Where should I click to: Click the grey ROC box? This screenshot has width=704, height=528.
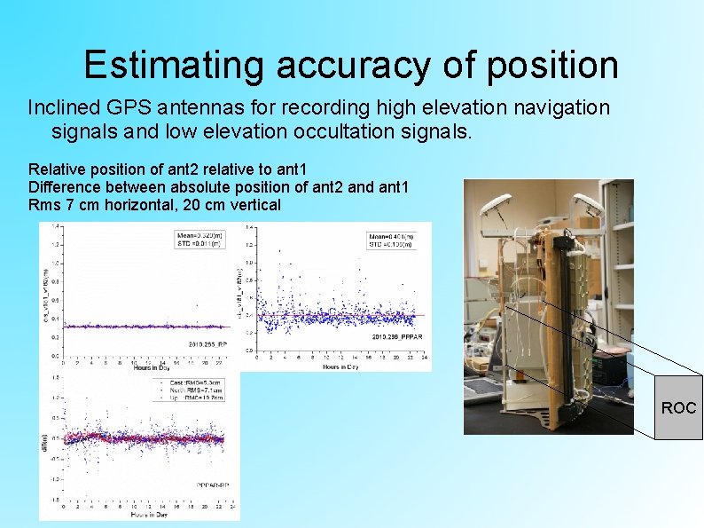click(x=678, y=407)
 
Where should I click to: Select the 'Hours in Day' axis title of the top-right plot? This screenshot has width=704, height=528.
click(x=341, y=367)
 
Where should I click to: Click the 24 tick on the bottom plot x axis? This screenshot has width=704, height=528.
click(x=233, y=506)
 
